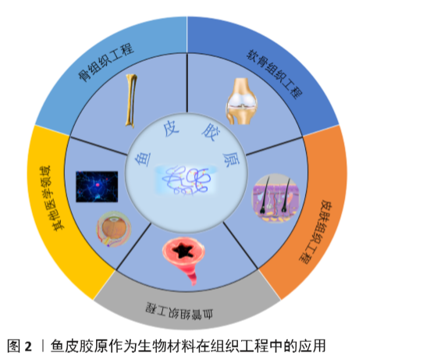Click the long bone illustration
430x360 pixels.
[131, 101]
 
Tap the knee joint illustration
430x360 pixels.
[241, 102]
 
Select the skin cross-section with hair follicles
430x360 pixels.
[275, 198]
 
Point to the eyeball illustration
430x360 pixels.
[113, 229]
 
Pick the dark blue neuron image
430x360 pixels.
[97, 187]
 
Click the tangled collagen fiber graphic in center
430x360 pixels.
[187, 180]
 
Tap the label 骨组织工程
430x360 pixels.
[106, 62]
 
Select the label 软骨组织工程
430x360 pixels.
[274, 74]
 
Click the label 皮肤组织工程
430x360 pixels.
[315, 232]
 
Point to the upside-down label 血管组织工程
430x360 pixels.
[179, 311]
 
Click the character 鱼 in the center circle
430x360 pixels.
[143, 159]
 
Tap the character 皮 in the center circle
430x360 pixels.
[171, 129]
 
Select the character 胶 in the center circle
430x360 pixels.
[211, 132]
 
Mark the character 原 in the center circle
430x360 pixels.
[231, 159]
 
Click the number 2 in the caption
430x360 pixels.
[28, 346]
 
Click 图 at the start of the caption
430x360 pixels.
[13, 346]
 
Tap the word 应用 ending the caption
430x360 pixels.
[312, 346]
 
